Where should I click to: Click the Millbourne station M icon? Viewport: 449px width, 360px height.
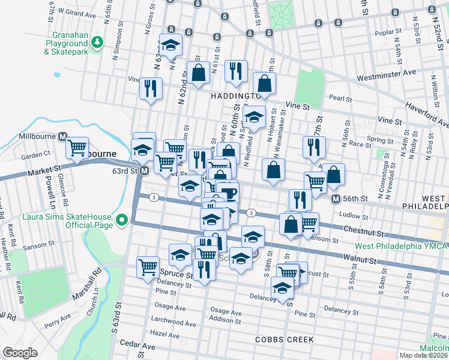pos(62,136)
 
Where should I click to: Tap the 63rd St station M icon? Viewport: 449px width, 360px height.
pos(144,172)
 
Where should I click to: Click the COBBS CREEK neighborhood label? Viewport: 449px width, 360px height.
pos(284,340)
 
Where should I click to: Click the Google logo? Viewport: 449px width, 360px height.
pos(20,352)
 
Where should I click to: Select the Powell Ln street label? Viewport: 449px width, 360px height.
pos(46,188)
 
